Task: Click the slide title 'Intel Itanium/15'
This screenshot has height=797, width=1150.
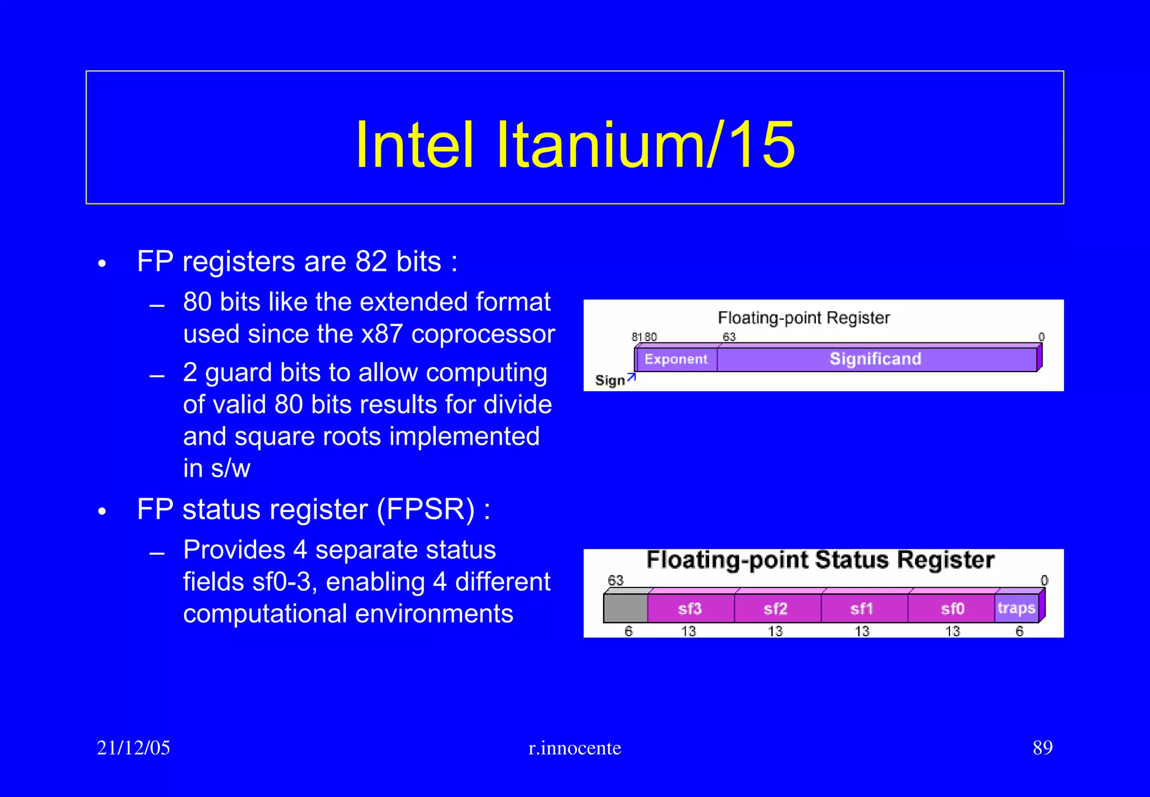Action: (575, 144)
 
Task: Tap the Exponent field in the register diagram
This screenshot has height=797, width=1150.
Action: (676, 359)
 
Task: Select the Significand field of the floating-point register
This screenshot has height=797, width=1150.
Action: (875, 359)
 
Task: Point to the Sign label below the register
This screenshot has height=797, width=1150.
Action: (610, 381)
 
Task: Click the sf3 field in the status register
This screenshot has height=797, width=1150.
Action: (690, 609)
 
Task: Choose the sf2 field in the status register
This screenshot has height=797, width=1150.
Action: (775, 609)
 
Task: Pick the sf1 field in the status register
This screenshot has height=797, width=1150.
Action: (862, 609)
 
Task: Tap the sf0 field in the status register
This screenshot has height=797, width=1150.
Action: (952, 609)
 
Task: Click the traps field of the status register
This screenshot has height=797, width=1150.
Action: (1016, 608)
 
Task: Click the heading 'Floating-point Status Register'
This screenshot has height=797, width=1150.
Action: (820, 560)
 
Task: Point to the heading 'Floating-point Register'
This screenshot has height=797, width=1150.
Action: (804, 318)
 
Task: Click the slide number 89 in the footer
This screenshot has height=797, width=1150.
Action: (1042, 748)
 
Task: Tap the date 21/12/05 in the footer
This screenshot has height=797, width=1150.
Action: (134, 748)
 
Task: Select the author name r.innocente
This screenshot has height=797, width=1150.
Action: (575, 748)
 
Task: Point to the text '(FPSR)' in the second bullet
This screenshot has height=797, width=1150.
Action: (426, 510)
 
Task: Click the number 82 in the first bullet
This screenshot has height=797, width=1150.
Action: (371, 262)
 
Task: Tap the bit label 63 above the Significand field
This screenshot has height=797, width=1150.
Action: (729, 337)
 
